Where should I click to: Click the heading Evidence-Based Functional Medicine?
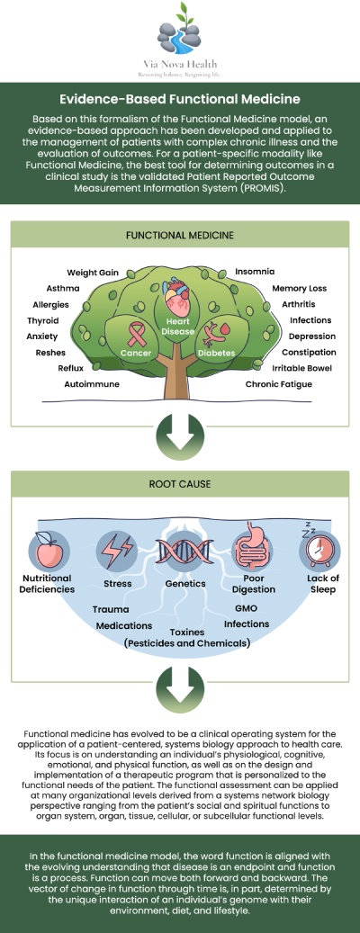(x=180, y=101)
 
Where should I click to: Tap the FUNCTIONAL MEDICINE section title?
(x=180, y=235)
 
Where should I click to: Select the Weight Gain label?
(x=94, y=272)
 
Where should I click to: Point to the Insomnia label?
(x=255, y=272)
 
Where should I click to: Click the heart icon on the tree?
(x=179, y=298)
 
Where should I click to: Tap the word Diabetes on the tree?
(x=216, y=354)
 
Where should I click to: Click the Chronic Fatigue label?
(x=278, y=384)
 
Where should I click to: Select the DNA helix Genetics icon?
(x=179, y=549)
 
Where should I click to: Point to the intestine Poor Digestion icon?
(x=253, y=549)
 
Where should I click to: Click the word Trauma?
(x=111, y=609)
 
